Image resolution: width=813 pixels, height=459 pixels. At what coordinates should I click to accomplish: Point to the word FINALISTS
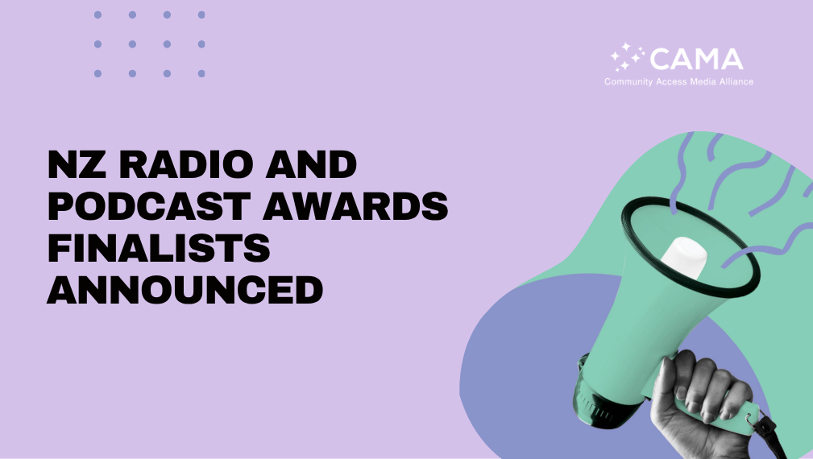[159, 250]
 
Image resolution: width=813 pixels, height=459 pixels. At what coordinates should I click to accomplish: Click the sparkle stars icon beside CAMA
[628, 57]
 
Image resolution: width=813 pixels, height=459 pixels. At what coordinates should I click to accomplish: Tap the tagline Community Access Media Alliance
[678, 82]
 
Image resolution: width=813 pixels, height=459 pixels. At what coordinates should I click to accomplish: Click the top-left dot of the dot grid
[97, 14]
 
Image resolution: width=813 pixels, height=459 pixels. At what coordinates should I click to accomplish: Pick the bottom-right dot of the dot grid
[201, 73]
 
